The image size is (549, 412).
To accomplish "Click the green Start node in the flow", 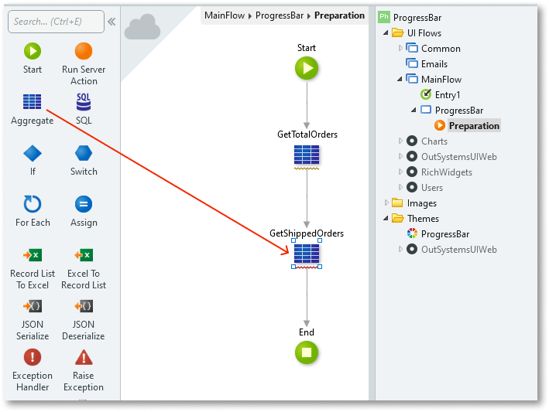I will [307, 69].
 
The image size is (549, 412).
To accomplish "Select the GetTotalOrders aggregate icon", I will [307, 156].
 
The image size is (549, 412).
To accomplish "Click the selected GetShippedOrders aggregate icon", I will [307, 254].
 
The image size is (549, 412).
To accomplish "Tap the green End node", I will [307, 353].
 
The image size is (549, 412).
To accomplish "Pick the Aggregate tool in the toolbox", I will [33, 103].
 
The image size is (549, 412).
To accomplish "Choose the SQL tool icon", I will [84, 103].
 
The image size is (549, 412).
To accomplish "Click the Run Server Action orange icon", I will [84, 52].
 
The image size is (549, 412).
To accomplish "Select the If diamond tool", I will [33, 154].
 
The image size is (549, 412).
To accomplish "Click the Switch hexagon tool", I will [84, 154].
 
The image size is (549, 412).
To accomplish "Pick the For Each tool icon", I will [33, 205].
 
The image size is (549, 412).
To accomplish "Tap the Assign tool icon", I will [84, 205].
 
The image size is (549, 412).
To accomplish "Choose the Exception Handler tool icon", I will [33, 358].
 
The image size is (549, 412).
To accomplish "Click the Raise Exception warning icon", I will [84, 358].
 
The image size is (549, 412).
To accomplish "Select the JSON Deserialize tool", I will [84, 307].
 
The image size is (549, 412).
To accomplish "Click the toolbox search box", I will [56, 22].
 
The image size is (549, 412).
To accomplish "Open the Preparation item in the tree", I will [473, 126].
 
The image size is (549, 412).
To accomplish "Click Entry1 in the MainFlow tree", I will [447, 95].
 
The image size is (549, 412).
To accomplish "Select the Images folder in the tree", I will [421, 203].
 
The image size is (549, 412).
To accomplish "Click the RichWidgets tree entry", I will [446, 172].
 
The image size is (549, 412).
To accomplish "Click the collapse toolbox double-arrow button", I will [112, 22].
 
